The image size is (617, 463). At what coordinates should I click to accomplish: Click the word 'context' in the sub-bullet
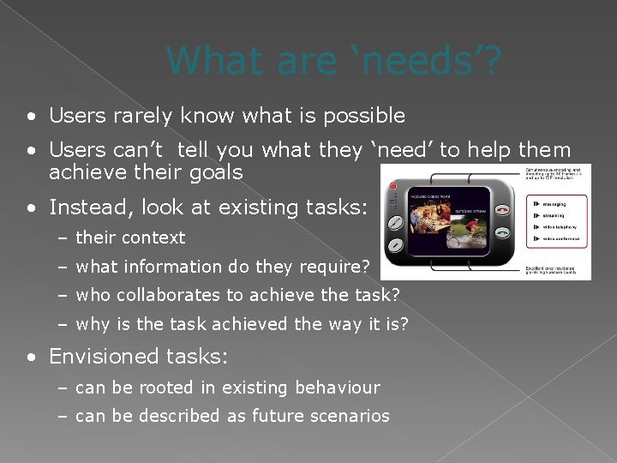pyautogui.click(x=154, y=238)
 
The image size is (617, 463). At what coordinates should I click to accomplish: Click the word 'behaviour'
pyautogui.click(x=337, y=388)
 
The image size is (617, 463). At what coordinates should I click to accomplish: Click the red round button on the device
pyautogui.click(x=392, y=187)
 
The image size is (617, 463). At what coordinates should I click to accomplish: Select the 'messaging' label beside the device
pyautogui.click(x=559, y=205)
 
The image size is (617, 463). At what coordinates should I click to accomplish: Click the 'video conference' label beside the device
pyautogui.click(x=560, y=238)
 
